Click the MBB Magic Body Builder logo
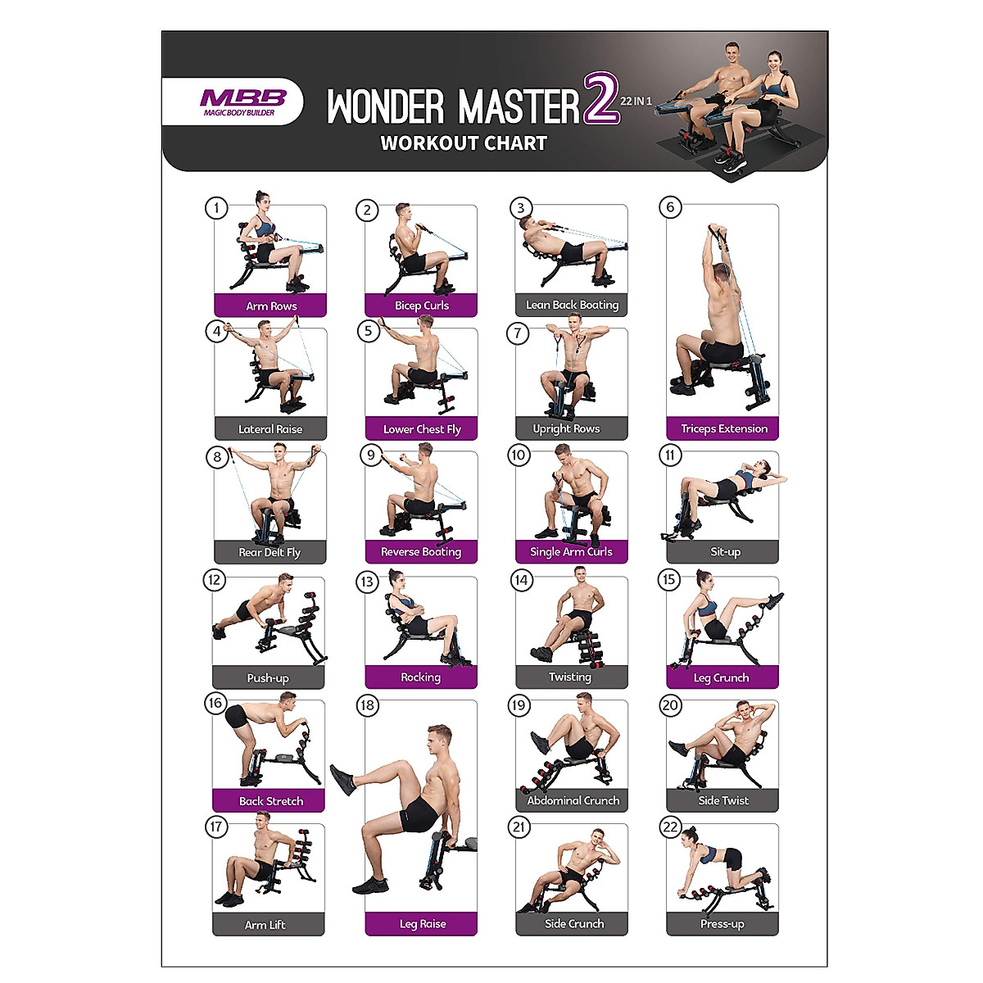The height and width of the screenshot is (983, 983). tap(242, 102)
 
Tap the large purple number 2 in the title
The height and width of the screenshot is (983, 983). tap(600, 100)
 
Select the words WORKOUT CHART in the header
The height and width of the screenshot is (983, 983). tap(464, 143)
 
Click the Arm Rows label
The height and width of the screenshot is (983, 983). tap(271, 306)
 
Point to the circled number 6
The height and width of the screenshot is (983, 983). tap(670, 207)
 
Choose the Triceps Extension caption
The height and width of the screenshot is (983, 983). tap(723, 428)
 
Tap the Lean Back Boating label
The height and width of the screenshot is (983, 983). tap(572, 305)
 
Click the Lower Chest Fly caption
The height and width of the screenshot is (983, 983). tap(422, 428)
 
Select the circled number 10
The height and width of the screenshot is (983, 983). tap(519, 455)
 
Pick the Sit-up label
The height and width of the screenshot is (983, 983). tap(725, 552)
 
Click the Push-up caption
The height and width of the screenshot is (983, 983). tap(268, 677)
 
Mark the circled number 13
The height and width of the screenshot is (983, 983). tap(367, 582)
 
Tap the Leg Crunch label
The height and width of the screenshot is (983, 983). tap(721, 677)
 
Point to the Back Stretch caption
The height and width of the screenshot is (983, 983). tap(270, 800)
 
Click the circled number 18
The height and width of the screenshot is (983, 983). tap(367, 705)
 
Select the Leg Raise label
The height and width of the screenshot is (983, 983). tap(422, 923)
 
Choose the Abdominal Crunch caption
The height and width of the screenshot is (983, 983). tap(573, 800)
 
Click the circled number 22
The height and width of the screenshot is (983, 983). tap(670, 827)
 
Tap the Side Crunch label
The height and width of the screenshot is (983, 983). tap(573, 923)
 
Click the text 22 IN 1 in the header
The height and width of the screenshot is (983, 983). tap(636, 102)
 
